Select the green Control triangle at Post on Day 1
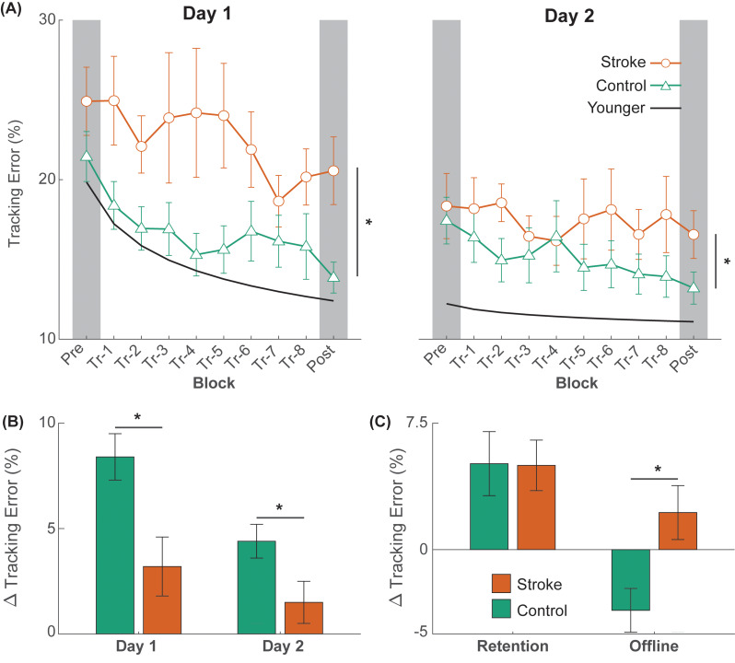click(x=332, y=276)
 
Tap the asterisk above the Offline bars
click(x=658, y=470)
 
